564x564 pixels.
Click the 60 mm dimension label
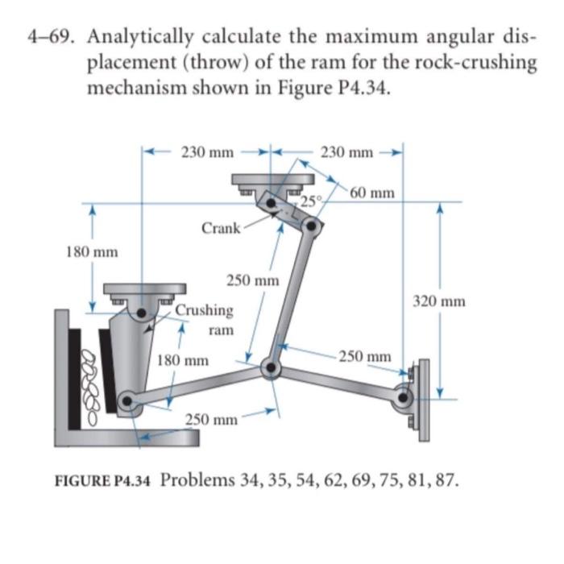coord(372,193)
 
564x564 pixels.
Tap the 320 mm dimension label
coord(439,302)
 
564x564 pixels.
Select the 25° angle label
coord(311,200)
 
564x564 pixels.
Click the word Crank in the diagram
coord(220,228)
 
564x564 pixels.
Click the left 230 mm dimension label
coord(207,151)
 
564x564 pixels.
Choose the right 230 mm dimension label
coord(346,151)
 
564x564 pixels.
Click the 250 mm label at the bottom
coord(212,420)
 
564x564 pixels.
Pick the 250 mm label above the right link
coord(365,355)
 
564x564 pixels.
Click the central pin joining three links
coord(271,369)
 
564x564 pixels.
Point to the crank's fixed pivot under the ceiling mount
coord(274,201)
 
